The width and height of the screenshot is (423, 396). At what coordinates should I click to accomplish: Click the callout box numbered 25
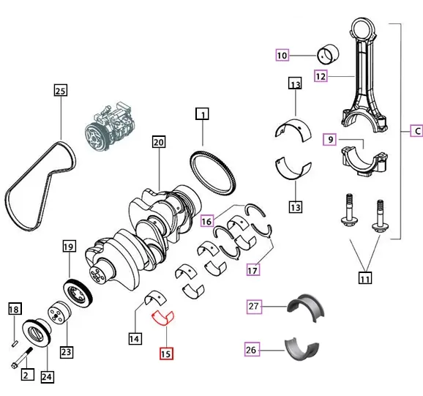[x=60, y=91]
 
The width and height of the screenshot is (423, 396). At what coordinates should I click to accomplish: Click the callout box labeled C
[x=415, y=132]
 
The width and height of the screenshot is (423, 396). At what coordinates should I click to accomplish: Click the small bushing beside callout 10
[x=326, y=54]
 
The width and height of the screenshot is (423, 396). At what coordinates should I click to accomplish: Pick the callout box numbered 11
[x=365, y=277]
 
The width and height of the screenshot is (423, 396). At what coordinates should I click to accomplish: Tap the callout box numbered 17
[x=252, y=270]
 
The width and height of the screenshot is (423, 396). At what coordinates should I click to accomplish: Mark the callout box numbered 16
[x=207, y=220]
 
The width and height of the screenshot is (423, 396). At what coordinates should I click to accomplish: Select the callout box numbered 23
[x=66, y=352]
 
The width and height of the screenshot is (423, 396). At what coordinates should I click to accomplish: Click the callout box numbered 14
[x=135, y=339]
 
